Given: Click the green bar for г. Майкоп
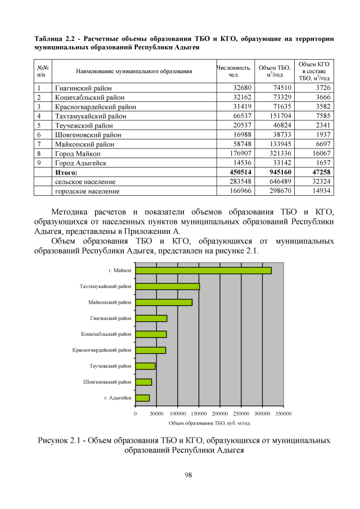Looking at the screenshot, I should click(203, 271).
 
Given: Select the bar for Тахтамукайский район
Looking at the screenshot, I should click(168, 286).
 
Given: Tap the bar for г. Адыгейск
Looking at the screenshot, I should click(142, 398).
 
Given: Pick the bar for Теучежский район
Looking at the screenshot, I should click(145, 366).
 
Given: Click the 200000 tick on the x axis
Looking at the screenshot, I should click(220, 413).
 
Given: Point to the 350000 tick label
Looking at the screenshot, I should click(283, 413).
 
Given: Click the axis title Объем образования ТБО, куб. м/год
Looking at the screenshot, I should click(209, 422).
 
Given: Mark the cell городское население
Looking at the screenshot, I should click(87, 191).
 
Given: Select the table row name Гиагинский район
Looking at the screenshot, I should click(83, 88).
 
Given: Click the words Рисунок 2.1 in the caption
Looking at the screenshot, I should click(61, 440).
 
